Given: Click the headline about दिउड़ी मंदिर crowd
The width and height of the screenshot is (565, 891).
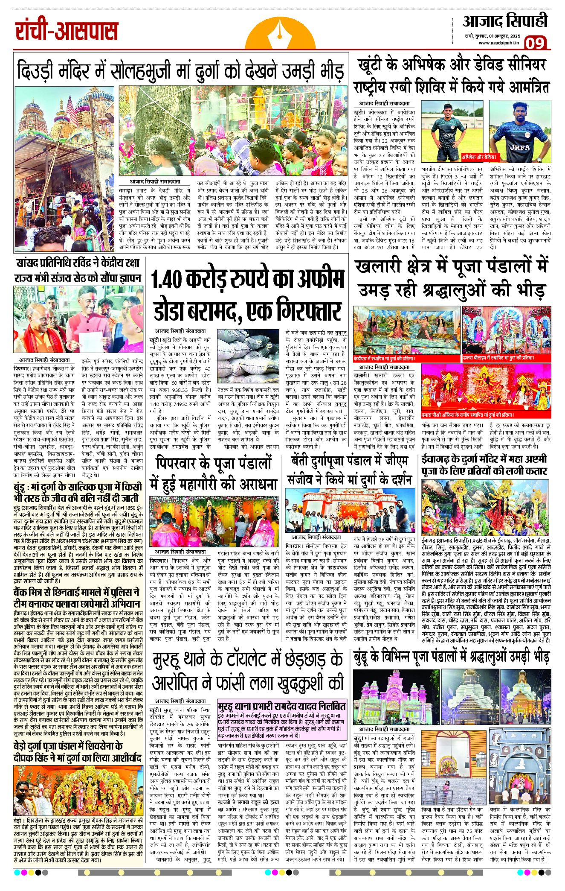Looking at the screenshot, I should point(181,71).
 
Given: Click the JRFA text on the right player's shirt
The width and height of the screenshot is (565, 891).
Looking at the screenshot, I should point(520,148).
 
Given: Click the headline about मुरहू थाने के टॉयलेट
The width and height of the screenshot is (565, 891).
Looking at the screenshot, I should point(247,672).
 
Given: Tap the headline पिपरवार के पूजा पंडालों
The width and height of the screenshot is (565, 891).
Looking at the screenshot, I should point(214,473).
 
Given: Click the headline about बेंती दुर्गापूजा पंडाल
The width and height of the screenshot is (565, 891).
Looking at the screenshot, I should point(350,470).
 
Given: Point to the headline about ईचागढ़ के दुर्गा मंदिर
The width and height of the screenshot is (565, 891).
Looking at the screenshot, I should point(484,465).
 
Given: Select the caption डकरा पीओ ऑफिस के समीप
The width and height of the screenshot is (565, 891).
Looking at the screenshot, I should point(468,415).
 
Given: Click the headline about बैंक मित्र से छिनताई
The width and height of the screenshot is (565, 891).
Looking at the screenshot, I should point(76,598).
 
